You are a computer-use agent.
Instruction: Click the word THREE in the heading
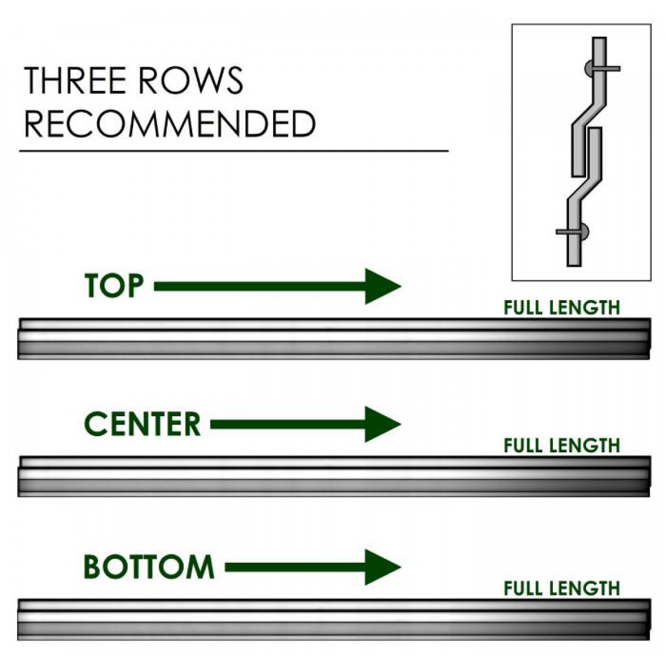pyautogui.click(x=75, y=80)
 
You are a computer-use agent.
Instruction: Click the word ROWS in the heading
pyautogui.click(x=190, y=80)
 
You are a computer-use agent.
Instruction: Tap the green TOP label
pyautogui.click(x=114, y=286)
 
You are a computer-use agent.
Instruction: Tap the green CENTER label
pyautogui.click(x=142, y=425)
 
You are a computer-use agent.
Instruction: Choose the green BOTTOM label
pyautogui.click(x=149, y=567)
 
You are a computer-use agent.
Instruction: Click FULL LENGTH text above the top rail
pyautogui.click(x=561, y=307)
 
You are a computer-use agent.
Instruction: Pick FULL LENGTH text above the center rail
pyautogui.click(x=561, y=445)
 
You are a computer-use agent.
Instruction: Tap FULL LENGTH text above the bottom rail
pyautogui.click(x=561, y=588)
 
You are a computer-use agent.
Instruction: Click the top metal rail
pyautogui.click(x=333, y=339)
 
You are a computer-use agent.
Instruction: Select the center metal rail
pyautogui.click(x=333, y=476)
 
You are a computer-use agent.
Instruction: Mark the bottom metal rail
pyautogui.click(x=333, y=619)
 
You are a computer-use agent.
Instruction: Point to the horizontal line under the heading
pyautogui.click(x=233, y=150)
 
